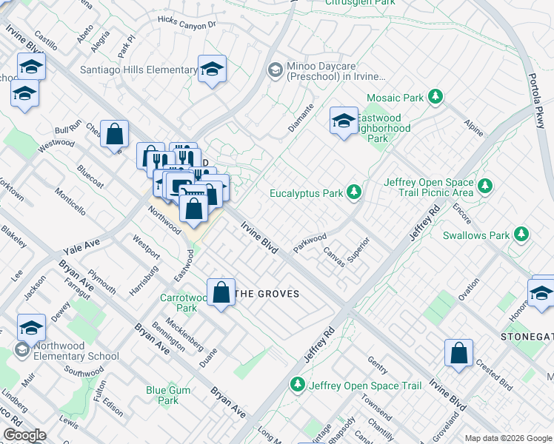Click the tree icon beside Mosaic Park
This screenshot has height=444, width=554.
[436, 97]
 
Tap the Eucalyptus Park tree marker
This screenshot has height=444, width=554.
[355, 193]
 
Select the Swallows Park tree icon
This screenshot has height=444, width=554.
[522, 235]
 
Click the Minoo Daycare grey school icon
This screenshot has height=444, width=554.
[275, 70]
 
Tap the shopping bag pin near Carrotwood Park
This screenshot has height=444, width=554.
[221, 292]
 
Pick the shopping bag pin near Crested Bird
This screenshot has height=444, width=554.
[458, 353]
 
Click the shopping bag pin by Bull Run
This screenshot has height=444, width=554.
[115, 135]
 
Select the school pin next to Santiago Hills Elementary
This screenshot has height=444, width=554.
[213, 70]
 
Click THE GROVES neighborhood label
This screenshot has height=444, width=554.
[267, 294]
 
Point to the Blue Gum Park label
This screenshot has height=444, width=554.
[162, 395]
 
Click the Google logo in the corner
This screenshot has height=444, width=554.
[25, 435]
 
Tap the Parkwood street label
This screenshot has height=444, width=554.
[310, 243]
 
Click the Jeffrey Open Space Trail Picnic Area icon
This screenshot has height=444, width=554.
[485, 185]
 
